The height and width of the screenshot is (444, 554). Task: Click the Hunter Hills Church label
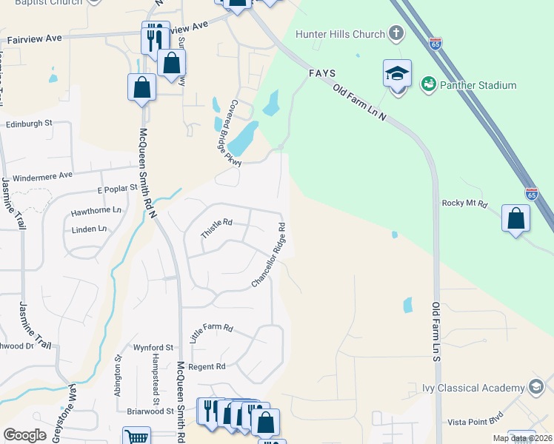pos(340,34)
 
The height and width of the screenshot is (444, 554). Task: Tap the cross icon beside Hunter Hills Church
pos(396,33)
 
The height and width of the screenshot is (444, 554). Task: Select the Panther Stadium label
pos(478,85)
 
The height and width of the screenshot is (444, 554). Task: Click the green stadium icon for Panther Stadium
pos(427,85)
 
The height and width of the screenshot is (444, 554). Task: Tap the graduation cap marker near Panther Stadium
pos(397,74)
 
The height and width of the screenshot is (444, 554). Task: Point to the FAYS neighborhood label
pos(323,73)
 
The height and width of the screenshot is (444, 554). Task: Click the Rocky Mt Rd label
pos(464,203)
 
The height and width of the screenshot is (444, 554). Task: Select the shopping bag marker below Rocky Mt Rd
pos(515,219)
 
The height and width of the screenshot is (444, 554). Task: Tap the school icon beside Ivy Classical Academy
pos(535,387)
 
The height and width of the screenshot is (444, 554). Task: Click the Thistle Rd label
pos(216,228)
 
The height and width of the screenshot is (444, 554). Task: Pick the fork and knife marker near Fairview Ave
pos(155,36)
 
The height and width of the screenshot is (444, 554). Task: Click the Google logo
pos(24,435)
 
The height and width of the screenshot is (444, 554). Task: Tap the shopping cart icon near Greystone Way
pos(136,437)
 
